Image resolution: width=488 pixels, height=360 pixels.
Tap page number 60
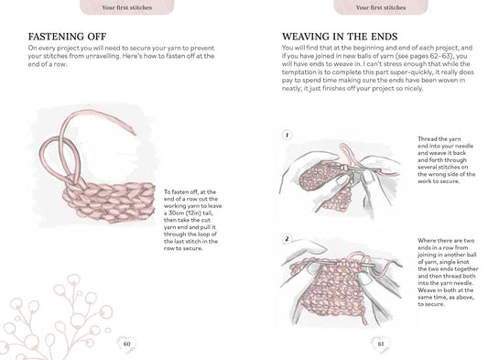[127, 345]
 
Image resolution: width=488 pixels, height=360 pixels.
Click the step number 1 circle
[287, 135]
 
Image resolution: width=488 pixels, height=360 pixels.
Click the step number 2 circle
[287, 239]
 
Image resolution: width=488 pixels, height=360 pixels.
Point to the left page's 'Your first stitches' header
[126, 7]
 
